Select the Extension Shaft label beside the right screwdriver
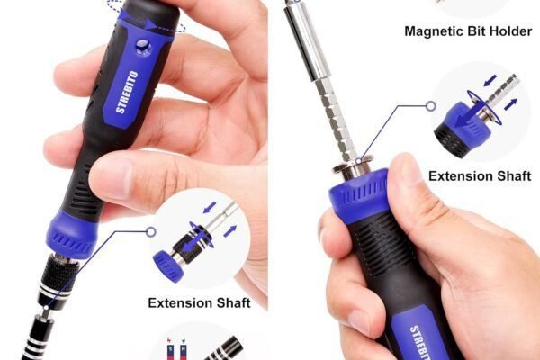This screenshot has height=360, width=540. [480, 176]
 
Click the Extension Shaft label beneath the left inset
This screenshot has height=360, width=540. [199, 302]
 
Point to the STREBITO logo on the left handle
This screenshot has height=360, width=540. [128, 92]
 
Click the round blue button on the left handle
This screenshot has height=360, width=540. [144, 47]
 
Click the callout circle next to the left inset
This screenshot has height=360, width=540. [151, 232]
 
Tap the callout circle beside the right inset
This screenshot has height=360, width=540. [431, 106]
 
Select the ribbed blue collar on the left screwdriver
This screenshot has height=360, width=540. [72, 234]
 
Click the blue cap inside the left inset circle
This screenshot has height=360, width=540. [167, 265]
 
